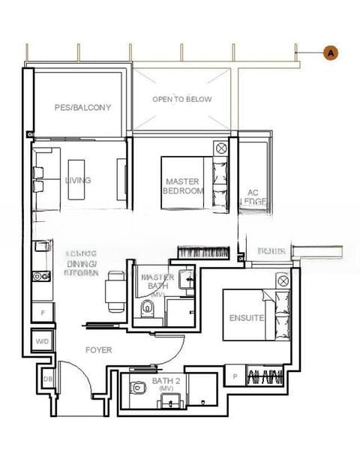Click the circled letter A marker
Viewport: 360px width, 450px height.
(330, 52)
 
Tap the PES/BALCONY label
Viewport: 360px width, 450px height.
(82, 108)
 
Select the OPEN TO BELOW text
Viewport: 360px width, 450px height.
(182, 99)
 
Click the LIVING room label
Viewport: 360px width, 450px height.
(78, 181)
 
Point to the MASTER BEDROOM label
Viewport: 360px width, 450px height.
(184, 186)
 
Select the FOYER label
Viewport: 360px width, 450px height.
(98, 350)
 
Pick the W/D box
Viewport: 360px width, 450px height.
(42, 342)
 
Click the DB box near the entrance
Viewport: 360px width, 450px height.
(48, 379)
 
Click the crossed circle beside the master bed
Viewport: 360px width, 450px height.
(221, 148)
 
